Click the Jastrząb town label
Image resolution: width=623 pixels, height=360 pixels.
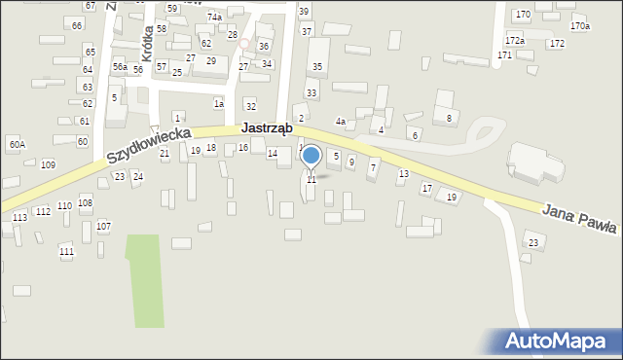[x=271, y=129]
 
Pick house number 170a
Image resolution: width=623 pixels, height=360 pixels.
[x=580, y=26]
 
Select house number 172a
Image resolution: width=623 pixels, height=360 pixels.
[x=515, y=40]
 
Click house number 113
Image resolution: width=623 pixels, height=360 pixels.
[x=20, y=218]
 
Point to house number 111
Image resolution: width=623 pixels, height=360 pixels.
[x=66, y=252]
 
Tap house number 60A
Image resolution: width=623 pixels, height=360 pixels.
[x=17, y=145]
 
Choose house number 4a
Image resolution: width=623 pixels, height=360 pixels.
[x=341, y=121]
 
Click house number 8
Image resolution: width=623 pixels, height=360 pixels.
[x=449, y=118]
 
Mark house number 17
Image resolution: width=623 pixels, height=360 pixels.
[x=426, y=188]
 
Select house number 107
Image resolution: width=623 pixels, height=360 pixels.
[x=103, y=226]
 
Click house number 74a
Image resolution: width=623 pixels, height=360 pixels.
[x=214, y=18]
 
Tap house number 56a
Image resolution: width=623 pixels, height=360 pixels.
[x=119, y=66]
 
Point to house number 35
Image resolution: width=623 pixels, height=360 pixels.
[x=316, y=66]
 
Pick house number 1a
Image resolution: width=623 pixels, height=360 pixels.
[x=219, y=103]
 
